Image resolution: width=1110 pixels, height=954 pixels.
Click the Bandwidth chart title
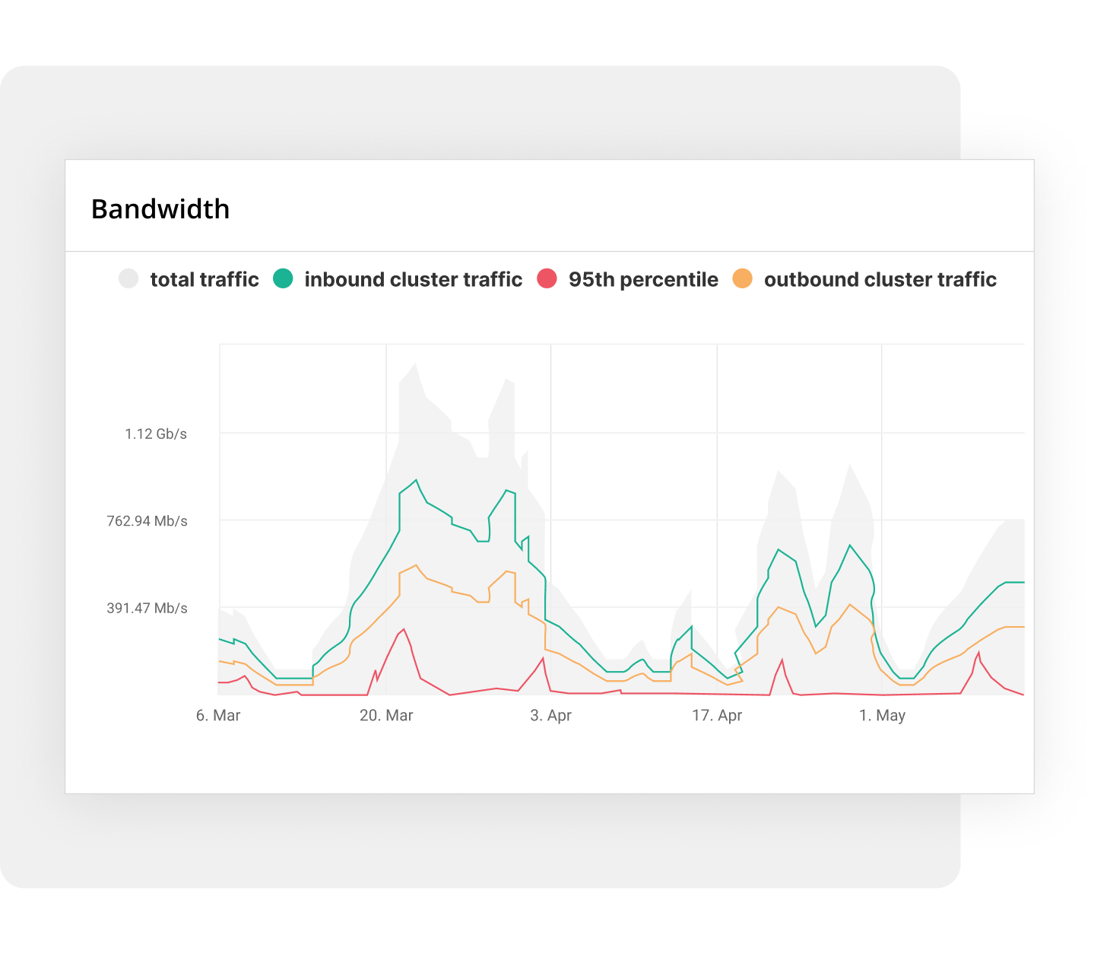[x=160, y=209]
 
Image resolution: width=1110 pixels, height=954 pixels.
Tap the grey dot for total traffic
[x=128, y=278]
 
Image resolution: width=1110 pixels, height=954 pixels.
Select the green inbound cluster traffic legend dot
[x=283, y=278]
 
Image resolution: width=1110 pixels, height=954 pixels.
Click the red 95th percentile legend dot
[x=547, y=278]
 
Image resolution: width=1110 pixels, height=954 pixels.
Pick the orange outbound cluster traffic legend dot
[x=742, y=278]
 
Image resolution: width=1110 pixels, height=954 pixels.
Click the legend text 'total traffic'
[x=205, y=279]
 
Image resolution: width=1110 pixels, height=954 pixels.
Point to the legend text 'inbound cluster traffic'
[x=413, y=279]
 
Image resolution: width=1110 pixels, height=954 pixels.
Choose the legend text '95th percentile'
[x=643, y=279]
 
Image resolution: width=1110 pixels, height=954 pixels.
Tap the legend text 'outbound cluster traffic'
[x=880, y=279]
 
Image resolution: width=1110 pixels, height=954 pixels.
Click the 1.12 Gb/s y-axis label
[x=156, y=434]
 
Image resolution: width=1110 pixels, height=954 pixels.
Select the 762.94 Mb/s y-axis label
[x=147, y=521]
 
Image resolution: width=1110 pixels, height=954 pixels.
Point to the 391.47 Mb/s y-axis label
[x=147, y=608]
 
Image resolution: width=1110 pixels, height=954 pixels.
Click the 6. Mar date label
[x=218, y=716]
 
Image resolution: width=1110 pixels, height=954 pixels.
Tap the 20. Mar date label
[x=386, y=716]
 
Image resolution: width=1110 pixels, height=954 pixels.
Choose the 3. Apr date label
[x=550, y=716]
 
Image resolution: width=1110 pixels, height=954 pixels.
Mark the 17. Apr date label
[x=717, y=716]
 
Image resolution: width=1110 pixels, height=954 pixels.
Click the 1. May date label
[x=882, y=716]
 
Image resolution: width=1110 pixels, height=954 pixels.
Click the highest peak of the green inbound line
[x=416, y=480]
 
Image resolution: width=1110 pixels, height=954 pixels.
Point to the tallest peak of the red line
[x=404, y=629]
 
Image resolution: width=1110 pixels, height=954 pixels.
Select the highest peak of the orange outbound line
[x=416, y=565]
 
